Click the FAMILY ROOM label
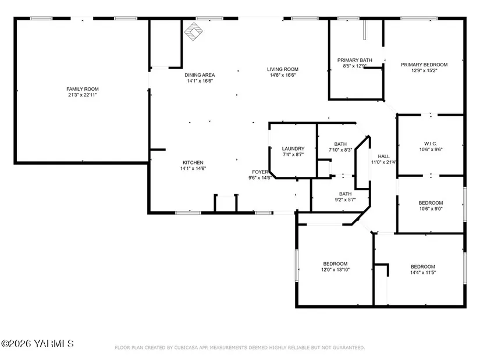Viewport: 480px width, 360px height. click(83, 89)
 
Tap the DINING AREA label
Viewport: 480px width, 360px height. click(200, 75)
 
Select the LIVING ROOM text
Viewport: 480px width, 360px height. click(283, 69)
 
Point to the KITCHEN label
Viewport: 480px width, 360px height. click(193, 162)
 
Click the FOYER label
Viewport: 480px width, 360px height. click(260, 172)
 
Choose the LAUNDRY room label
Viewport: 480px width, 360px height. click(293, 149)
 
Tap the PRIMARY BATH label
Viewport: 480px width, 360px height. click(355, 60)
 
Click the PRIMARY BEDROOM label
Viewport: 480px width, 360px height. click(424, 65)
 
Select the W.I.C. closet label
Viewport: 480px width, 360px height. click(431, 144)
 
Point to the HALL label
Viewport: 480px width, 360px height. click(383, 156)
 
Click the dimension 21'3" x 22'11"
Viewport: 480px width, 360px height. click(83, 95)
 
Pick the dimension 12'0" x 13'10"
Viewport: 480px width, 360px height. click(335, 270)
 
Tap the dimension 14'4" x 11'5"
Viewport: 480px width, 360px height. click(423, 272)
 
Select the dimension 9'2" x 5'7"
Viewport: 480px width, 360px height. click(345, 200)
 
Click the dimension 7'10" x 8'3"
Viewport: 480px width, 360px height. click(340, 150)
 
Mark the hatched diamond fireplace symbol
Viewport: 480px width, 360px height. click(194, 31)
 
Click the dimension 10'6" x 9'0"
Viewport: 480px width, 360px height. click(431, 209)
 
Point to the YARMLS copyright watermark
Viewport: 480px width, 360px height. click(37, 344)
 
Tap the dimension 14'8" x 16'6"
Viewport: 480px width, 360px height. click(283, 75)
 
